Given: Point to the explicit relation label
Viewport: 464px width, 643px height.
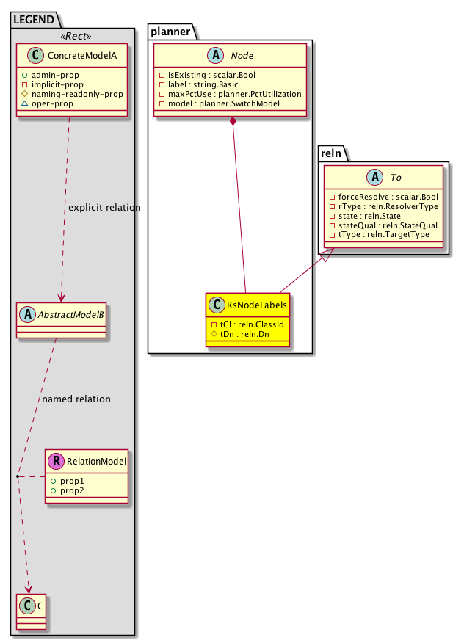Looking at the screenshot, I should [104, 208].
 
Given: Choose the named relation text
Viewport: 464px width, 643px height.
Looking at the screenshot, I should [76, 399].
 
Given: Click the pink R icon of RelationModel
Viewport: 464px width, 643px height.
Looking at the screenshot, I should [56, 462].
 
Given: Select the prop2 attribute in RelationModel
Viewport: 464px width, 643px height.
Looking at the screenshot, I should [73, 490].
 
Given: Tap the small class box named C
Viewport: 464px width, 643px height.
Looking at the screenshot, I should [29, 609].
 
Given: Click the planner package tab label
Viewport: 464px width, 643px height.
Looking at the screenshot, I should [170, 32].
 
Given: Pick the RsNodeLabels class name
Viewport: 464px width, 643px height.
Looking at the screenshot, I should [256, 305].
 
